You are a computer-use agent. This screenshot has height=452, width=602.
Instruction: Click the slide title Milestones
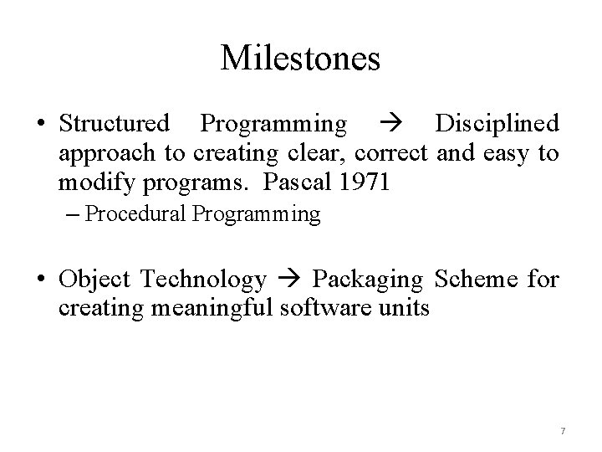click(x=301, y=59)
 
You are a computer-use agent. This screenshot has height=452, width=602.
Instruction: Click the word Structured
click(x=114, y=124)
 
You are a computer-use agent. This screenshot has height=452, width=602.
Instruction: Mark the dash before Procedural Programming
click(x=73, y=214)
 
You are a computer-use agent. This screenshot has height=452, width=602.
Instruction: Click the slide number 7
click(x=563, y=431)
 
